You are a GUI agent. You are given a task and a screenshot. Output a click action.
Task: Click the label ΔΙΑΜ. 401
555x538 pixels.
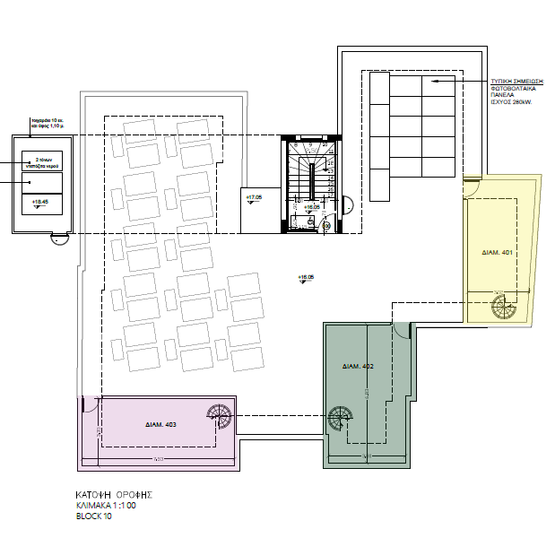click(x=496, y=252)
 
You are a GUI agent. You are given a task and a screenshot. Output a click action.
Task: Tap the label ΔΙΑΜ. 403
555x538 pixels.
click(x=160, y=423)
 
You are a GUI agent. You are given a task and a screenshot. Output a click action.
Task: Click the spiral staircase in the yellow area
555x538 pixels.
click(x=502, y=307)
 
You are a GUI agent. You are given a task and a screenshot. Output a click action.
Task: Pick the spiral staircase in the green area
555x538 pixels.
click(x=340, y=419)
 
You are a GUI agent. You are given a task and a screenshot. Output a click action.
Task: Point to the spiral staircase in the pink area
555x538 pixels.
click(x=219, y=416)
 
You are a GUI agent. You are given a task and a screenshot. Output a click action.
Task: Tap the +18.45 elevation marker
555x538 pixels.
click(x=39, y=204)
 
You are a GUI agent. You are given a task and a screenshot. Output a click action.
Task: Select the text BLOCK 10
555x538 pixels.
click(x=94, y=517)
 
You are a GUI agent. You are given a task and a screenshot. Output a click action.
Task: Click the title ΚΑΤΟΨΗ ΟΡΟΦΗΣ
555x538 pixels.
click(x=114, y=494)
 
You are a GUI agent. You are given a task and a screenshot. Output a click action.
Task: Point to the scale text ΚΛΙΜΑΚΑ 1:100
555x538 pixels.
click(x=108, y=506)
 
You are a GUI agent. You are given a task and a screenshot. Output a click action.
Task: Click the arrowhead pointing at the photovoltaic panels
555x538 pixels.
click(x=431, y=82)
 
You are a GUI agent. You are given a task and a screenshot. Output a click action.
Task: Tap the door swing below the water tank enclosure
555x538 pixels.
click(x=58, y=239)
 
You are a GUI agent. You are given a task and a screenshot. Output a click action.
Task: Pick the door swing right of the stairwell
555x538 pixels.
click(x=349, y=204)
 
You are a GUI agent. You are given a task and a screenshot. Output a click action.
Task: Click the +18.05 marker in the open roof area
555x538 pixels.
click(x=306, y=278)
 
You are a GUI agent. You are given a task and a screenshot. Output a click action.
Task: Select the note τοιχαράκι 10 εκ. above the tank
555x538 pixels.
click(x=43, y=119)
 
